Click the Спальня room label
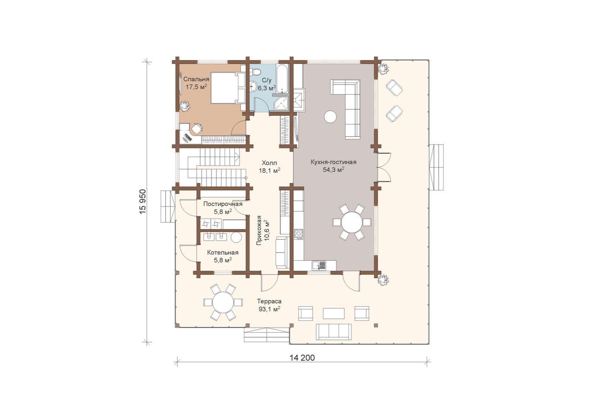[196, 79]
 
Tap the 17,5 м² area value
[196, 87]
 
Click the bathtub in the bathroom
[282, 79]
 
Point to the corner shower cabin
[281, 103]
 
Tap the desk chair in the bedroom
[197, 129]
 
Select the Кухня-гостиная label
[334, 162]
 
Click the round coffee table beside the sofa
[330, 116]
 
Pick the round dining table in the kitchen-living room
[352, 222]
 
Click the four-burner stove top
[299, 234]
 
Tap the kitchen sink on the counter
[319, 265]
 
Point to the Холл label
[270, 163]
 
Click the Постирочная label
[223, 204]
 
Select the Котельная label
[223, 253]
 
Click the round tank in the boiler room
[236, 237]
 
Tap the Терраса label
[269, 301]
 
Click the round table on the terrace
[223, 302]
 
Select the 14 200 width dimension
[302, 358]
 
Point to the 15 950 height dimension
[143, 202]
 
